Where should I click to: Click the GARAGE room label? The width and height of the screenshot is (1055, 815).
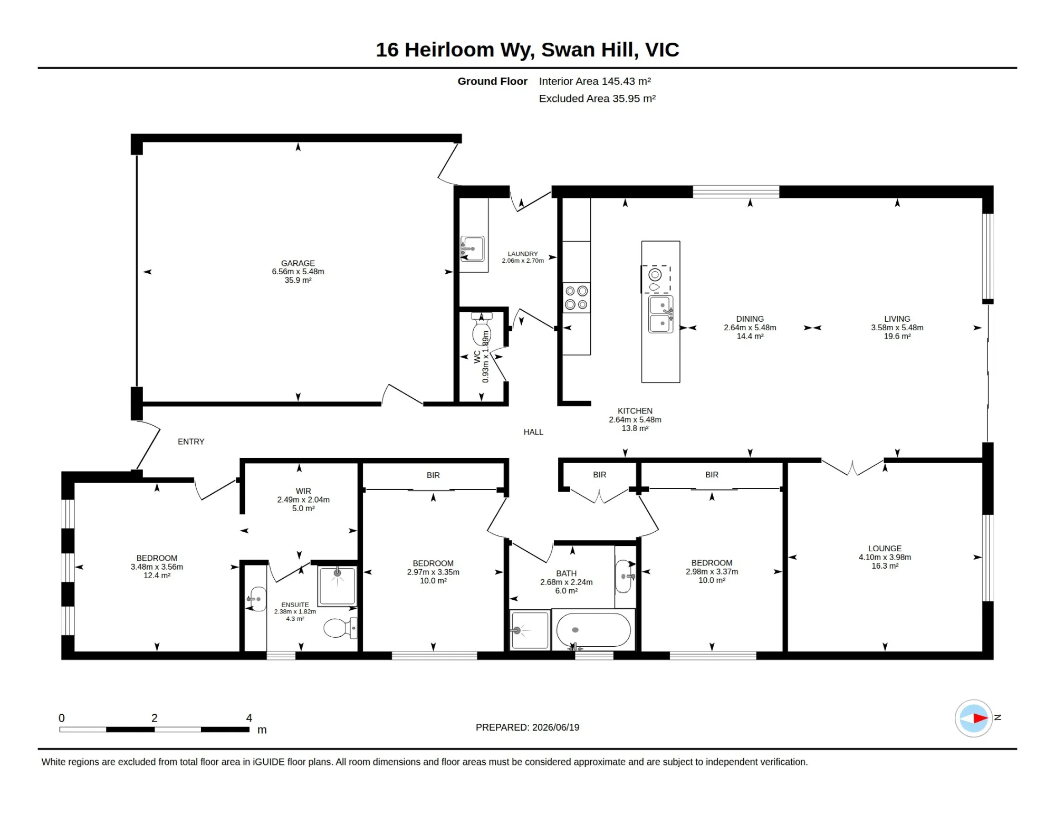tap(298, 263)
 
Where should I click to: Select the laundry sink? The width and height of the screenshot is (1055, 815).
tap(473, 248)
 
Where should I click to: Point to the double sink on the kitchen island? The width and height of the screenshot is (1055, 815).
tap(660, 314)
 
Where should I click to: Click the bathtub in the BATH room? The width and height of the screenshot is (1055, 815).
tap(593, 630)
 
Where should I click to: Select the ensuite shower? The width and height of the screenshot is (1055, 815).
tap(338, 586)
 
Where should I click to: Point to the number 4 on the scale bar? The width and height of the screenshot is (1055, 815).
tap(249, 718)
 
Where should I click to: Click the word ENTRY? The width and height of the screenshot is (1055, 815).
tap(191, 442)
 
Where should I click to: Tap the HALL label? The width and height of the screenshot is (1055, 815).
tap(533, 432)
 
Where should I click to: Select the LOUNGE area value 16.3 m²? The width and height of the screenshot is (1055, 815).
tap(885, 566)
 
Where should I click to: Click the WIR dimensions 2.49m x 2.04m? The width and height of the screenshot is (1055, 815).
tap(303, 500)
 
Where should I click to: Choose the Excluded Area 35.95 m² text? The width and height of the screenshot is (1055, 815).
tap(597, 99)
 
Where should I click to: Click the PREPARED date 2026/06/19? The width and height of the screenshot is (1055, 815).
tap(556, 727)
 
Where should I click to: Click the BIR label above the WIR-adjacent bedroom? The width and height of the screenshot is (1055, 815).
tap(433, 475)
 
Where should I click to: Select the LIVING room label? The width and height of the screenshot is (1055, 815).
tap(897, 319)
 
